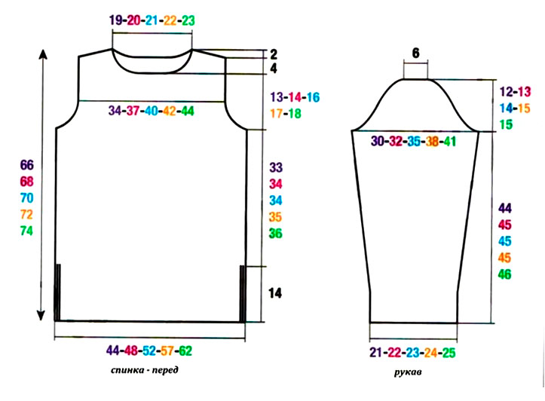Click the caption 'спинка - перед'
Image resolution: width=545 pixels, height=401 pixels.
pyautogui.click(x=145, y=370)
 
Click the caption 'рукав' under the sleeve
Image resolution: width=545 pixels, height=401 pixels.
pyautogui.click(x=408, y=372)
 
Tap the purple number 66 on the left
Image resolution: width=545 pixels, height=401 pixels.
pyautogui.click(x=27, y=165)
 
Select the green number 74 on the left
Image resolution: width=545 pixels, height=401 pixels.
pyautogui.click(x=26, y=231)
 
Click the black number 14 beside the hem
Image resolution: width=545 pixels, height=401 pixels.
pyautogui.click(x=275, y=293)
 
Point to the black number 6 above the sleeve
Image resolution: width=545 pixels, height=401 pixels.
pyautogui.click(x=415, y=54)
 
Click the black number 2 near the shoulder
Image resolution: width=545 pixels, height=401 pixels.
pyautogui.click(x=274, y=54)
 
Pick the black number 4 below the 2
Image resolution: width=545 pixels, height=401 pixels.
pyautogui.click(x=274, y=69)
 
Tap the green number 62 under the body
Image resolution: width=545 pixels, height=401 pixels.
pyautogui.click(x=185, y=350)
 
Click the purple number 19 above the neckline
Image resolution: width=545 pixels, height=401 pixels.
pyautogui.click(x=116, y=20)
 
